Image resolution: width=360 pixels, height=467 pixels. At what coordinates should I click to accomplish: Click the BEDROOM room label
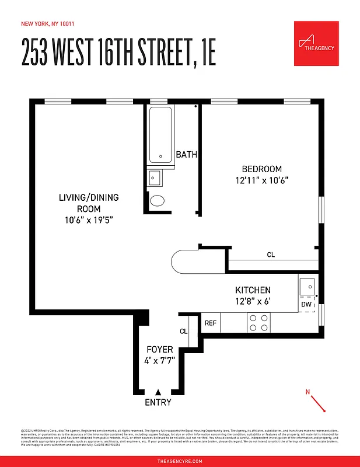(x=262, y=169)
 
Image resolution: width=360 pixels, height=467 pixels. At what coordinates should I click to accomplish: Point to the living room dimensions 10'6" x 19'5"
(x=88, y=220)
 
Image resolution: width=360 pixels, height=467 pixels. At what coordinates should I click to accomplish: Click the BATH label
(x=187, y=155)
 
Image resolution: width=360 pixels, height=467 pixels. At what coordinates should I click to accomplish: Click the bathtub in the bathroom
(x=160, y=135)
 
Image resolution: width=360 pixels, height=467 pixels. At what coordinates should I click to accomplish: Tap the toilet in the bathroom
(x=158, y=201)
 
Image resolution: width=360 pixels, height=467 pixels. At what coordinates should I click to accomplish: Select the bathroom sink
(x=155, y=177)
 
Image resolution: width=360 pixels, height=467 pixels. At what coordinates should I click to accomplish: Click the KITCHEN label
(x=253, y=290)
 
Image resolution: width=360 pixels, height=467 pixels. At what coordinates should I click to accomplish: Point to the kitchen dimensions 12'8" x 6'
(x=253, y=302)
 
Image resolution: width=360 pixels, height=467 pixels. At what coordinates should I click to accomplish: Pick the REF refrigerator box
(x=211, y=323)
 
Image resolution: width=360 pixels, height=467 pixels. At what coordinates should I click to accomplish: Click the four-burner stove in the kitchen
(x=258, y=323)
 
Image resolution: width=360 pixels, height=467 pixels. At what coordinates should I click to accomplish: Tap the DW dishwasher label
(x=306, y=305)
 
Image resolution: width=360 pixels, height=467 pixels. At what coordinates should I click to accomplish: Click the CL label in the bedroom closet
(x=271, y=255)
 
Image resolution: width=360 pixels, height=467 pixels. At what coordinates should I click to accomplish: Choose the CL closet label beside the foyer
(x=184, y=331)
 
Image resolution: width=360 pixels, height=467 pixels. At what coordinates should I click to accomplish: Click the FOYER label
(x=159, y=350)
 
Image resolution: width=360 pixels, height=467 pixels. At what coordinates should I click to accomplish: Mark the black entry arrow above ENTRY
(x=158, y=392)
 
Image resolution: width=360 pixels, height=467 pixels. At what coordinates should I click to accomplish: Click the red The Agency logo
(x=316, y=43)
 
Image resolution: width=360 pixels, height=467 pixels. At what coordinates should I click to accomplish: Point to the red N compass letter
(x=307, y=392)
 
